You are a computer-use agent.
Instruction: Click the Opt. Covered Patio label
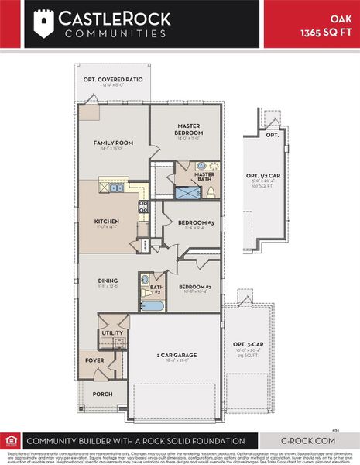coord(113,81)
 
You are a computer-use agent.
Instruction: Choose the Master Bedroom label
coord(188,129)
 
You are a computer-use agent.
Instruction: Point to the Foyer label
coord(94,360)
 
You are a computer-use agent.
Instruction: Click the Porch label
coord(102,394)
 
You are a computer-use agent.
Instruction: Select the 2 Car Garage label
coord(177,355)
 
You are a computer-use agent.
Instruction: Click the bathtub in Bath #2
coord(154,305)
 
